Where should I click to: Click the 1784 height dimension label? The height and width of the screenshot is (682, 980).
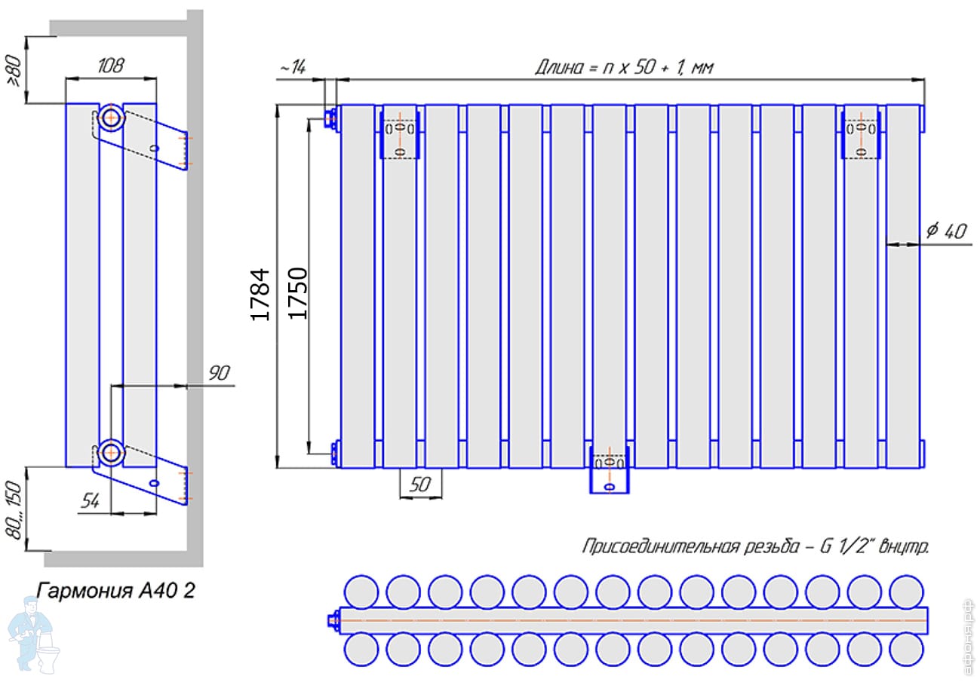(x=260, y=295)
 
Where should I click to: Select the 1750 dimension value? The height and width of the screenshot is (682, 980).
(x=298, y=292)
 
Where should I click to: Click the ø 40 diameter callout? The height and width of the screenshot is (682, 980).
(x=945, y=232)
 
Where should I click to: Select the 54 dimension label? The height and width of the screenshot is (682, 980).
(x=91, y=501)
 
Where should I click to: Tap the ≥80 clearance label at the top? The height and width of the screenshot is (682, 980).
(x=14, y=72)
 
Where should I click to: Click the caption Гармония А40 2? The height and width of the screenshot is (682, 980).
(x=116, y=589)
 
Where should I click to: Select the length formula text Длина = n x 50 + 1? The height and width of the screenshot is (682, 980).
(x=624, y=67)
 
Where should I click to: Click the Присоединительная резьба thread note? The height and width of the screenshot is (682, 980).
(x=755, y=546)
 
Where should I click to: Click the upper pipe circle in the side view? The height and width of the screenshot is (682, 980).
(x=110, y=119)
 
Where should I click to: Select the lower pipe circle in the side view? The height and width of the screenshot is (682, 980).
(x=110, y=452)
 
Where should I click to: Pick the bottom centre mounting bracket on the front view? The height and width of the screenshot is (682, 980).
(x=609, y=470)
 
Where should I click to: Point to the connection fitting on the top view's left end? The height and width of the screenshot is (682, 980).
(x=332, y=620)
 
